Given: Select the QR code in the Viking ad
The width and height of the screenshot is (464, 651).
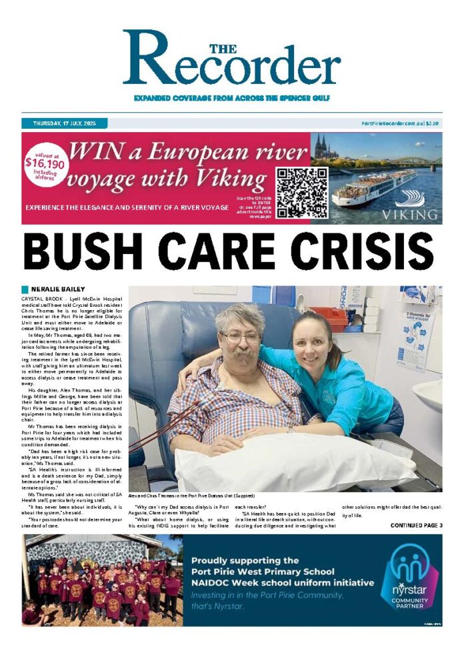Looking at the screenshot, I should tap(302, 193).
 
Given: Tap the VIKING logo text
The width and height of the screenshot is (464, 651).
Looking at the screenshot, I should tap(410, 215).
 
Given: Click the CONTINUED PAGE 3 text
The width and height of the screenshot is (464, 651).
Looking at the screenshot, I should tap(416, 526).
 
